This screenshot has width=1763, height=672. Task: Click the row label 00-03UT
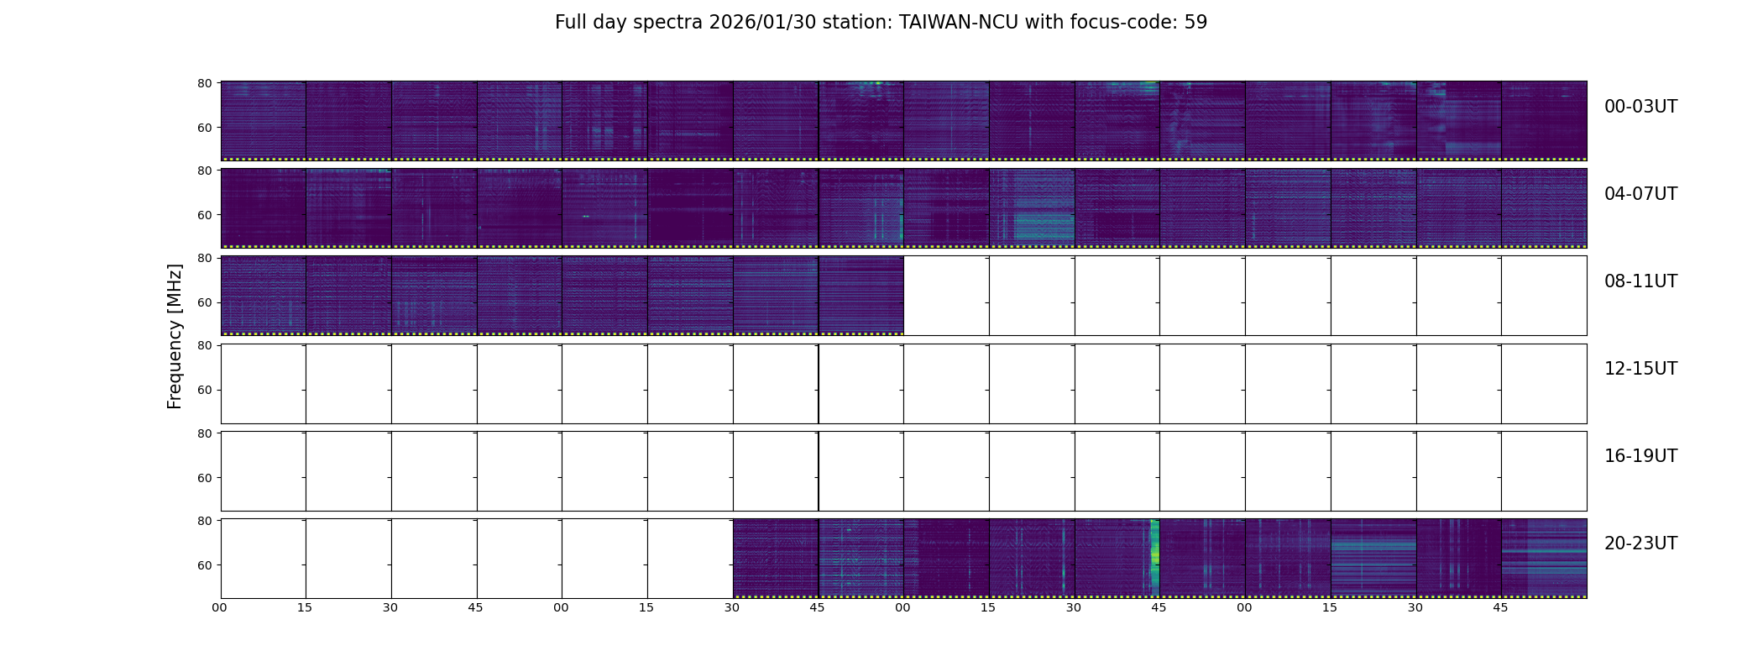pos(1640,107)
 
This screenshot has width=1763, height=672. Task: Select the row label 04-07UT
pos(1640,194)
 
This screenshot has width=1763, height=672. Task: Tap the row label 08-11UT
pos(1640,281)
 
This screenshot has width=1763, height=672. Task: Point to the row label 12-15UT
pos(1640,369)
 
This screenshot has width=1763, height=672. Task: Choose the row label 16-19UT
pos(1640,456)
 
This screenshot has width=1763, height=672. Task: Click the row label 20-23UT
pos(1640,543)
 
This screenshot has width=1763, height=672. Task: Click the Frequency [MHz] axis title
pos(175,336)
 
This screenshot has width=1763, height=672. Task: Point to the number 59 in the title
pos(1195,23)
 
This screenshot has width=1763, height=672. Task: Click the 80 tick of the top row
pos(204,83)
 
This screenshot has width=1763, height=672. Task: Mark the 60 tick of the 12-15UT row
pos(204,390)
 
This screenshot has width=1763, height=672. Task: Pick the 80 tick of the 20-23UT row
pos(204,521)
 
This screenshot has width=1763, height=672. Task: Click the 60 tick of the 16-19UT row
pos(204,478)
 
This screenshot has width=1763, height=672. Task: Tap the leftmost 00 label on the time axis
pos(220,607)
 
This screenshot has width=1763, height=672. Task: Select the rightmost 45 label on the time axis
pos(1500,607)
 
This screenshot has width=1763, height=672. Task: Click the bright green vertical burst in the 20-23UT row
pos(1154,554)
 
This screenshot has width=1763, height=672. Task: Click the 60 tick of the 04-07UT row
pos(204,215)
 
